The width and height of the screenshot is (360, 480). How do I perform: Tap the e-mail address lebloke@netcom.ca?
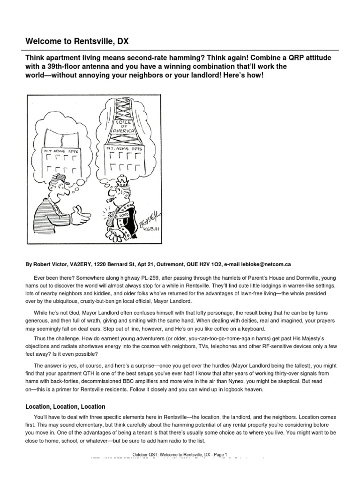pos(267,264)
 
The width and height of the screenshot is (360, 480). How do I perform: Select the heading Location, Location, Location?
pos(65,406)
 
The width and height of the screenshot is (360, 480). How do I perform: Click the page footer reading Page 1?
pos(218,454)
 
